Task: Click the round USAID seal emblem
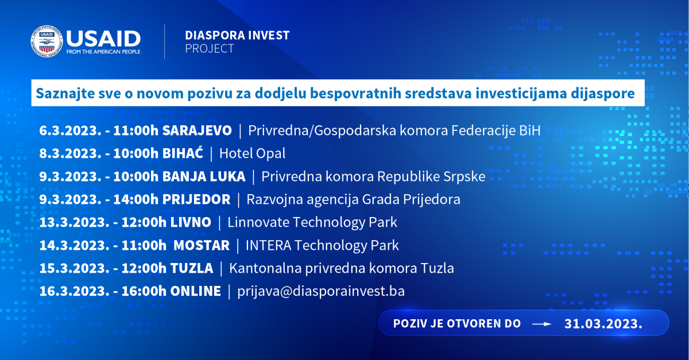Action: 47,41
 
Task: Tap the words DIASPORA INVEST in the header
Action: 237,36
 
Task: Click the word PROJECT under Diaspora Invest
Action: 210,49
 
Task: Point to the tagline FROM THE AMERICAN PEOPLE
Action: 103,52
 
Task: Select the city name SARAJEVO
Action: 197,130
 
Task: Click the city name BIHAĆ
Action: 183,152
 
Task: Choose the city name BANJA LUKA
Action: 204,176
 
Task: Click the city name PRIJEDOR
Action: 196,199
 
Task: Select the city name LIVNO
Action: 191,222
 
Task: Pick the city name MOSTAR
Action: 202,245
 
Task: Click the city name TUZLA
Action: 192,268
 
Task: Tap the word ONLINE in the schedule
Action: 196,291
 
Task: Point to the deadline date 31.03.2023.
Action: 603,324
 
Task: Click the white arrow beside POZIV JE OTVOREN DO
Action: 541,324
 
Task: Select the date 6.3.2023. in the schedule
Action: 70,130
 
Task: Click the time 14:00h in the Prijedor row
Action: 136,199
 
